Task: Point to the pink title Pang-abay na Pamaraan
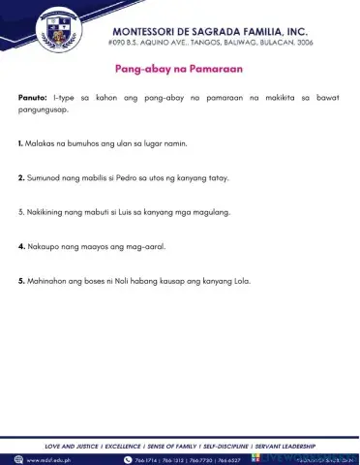click(x=179, y=69)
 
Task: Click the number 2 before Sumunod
click(x=21, y=178)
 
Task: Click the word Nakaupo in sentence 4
click(x=43, y=247)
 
